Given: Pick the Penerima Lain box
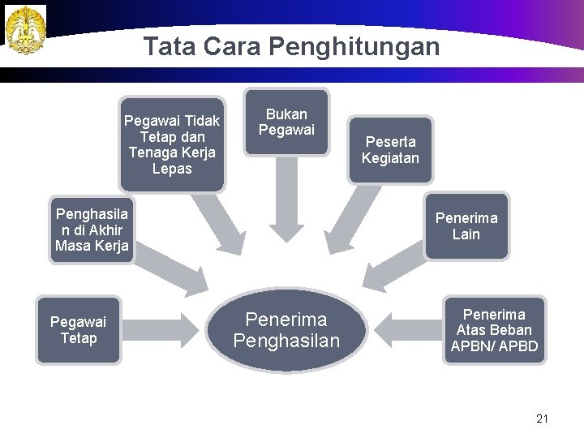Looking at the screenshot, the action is point(466,226).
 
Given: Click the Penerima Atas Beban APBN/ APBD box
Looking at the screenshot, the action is point(493,330).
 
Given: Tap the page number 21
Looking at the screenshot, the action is point(543,419).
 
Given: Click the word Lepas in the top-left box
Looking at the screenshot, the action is point(171,169).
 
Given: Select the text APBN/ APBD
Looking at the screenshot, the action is point(493,346).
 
